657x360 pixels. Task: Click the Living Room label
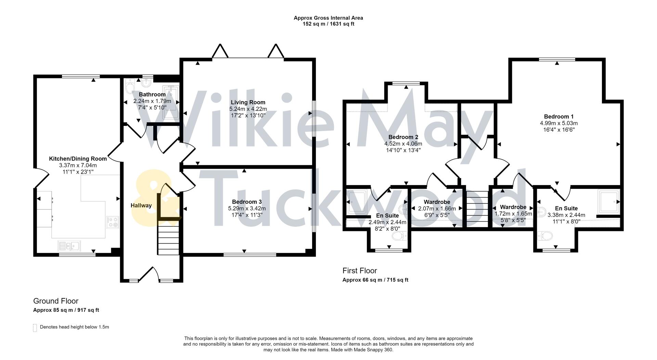(x=248, y=102)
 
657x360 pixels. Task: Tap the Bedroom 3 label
(x=247, y=202)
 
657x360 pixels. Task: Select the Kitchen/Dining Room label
(x=78, y=159)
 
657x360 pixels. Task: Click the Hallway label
(x=141, y=205)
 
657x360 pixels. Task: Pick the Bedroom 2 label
(x=403, y=137)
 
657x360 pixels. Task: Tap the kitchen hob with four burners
(x=112, y=222)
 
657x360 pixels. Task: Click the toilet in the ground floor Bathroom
(x=130, y=87)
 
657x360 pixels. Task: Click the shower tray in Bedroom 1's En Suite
(x=609, y=201)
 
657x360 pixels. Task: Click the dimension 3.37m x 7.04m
(x=78, y=165)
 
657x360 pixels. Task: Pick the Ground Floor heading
(x=56, y=301)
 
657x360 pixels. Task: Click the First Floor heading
(x=360, y=271)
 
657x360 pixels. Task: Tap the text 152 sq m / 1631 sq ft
(x=328, y=24)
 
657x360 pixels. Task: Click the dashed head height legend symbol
(x=35, y=327)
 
